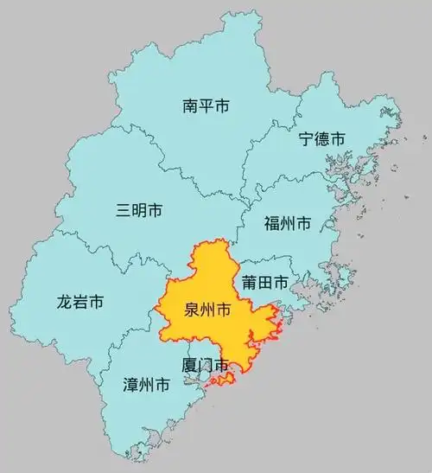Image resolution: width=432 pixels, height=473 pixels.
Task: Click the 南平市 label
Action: pyautogui.click(x=206, y=107)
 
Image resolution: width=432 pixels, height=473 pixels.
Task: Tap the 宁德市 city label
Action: pyautogui.click(x=321, y=138)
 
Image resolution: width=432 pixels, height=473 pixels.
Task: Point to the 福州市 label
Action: pyautogui.click(x=288, y=223)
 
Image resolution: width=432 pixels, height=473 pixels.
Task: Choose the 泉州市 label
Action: pyautogui.click(x=208, y=310)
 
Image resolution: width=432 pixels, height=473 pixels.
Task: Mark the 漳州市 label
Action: pyautogui.click(x=147, y=386)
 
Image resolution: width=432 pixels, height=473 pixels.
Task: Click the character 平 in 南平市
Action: pyautogui.click(x=206, y=107)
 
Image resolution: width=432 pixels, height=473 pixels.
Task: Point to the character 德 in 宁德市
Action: pyautogui.click(x=321, y=138)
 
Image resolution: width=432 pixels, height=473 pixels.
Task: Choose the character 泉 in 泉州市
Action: pyautogui.click(x=192, y=310)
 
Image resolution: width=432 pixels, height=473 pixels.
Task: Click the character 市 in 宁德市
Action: pyautogui.click(x=338, y=138)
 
